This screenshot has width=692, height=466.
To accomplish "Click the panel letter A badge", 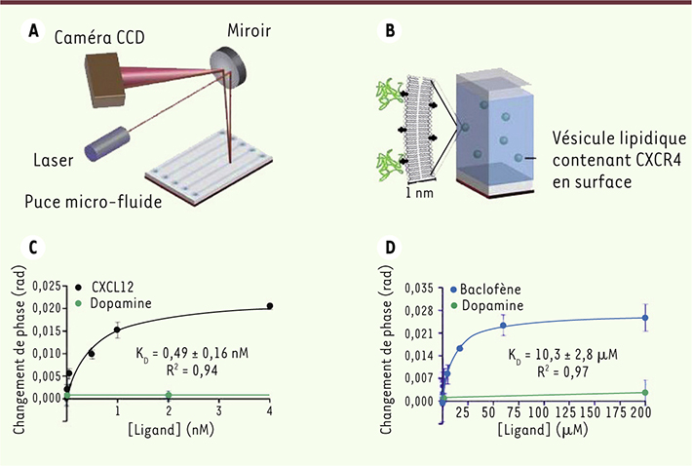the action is [33, 31].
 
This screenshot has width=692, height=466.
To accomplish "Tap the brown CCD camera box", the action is [104, 79].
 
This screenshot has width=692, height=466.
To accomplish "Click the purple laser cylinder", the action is [107, 144].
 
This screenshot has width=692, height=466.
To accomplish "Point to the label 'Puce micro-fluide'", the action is [94, 202].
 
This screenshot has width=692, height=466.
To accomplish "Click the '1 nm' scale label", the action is [419, 193].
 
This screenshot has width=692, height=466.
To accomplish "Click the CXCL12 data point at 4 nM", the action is [270, 306].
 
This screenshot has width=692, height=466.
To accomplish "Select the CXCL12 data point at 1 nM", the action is [117, 330].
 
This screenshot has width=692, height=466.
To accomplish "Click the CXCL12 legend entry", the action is [104, 287].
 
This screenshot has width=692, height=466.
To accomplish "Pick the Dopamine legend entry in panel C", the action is [113, 303].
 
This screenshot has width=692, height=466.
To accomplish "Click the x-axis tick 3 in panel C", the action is [219, 410].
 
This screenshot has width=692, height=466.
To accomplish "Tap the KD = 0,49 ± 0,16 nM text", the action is [192, 354].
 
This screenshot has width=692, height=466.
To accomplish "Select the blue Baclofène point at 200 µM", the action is [645, 318].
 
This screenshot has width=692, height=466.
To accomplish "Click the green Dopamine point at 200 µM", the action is [645, 392].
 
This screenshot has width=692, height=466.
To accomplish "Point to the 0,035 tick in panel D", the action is [419, 289].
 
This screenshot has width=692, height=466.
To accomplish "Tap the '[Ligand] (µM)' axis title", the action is [543, 429].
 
